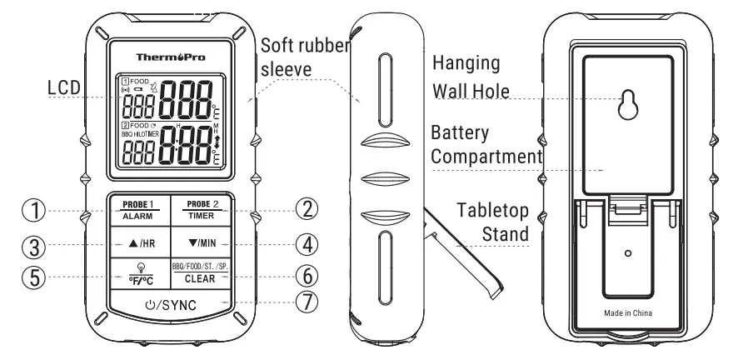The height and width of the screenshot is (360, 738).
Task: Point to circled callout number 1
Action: click(x=34, y=211)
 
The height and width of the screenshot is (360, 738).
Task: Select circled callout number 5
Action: click(x=34, y=277)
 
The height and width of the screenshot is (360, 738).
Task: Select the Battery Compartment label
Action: click(x=482, y=143)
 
